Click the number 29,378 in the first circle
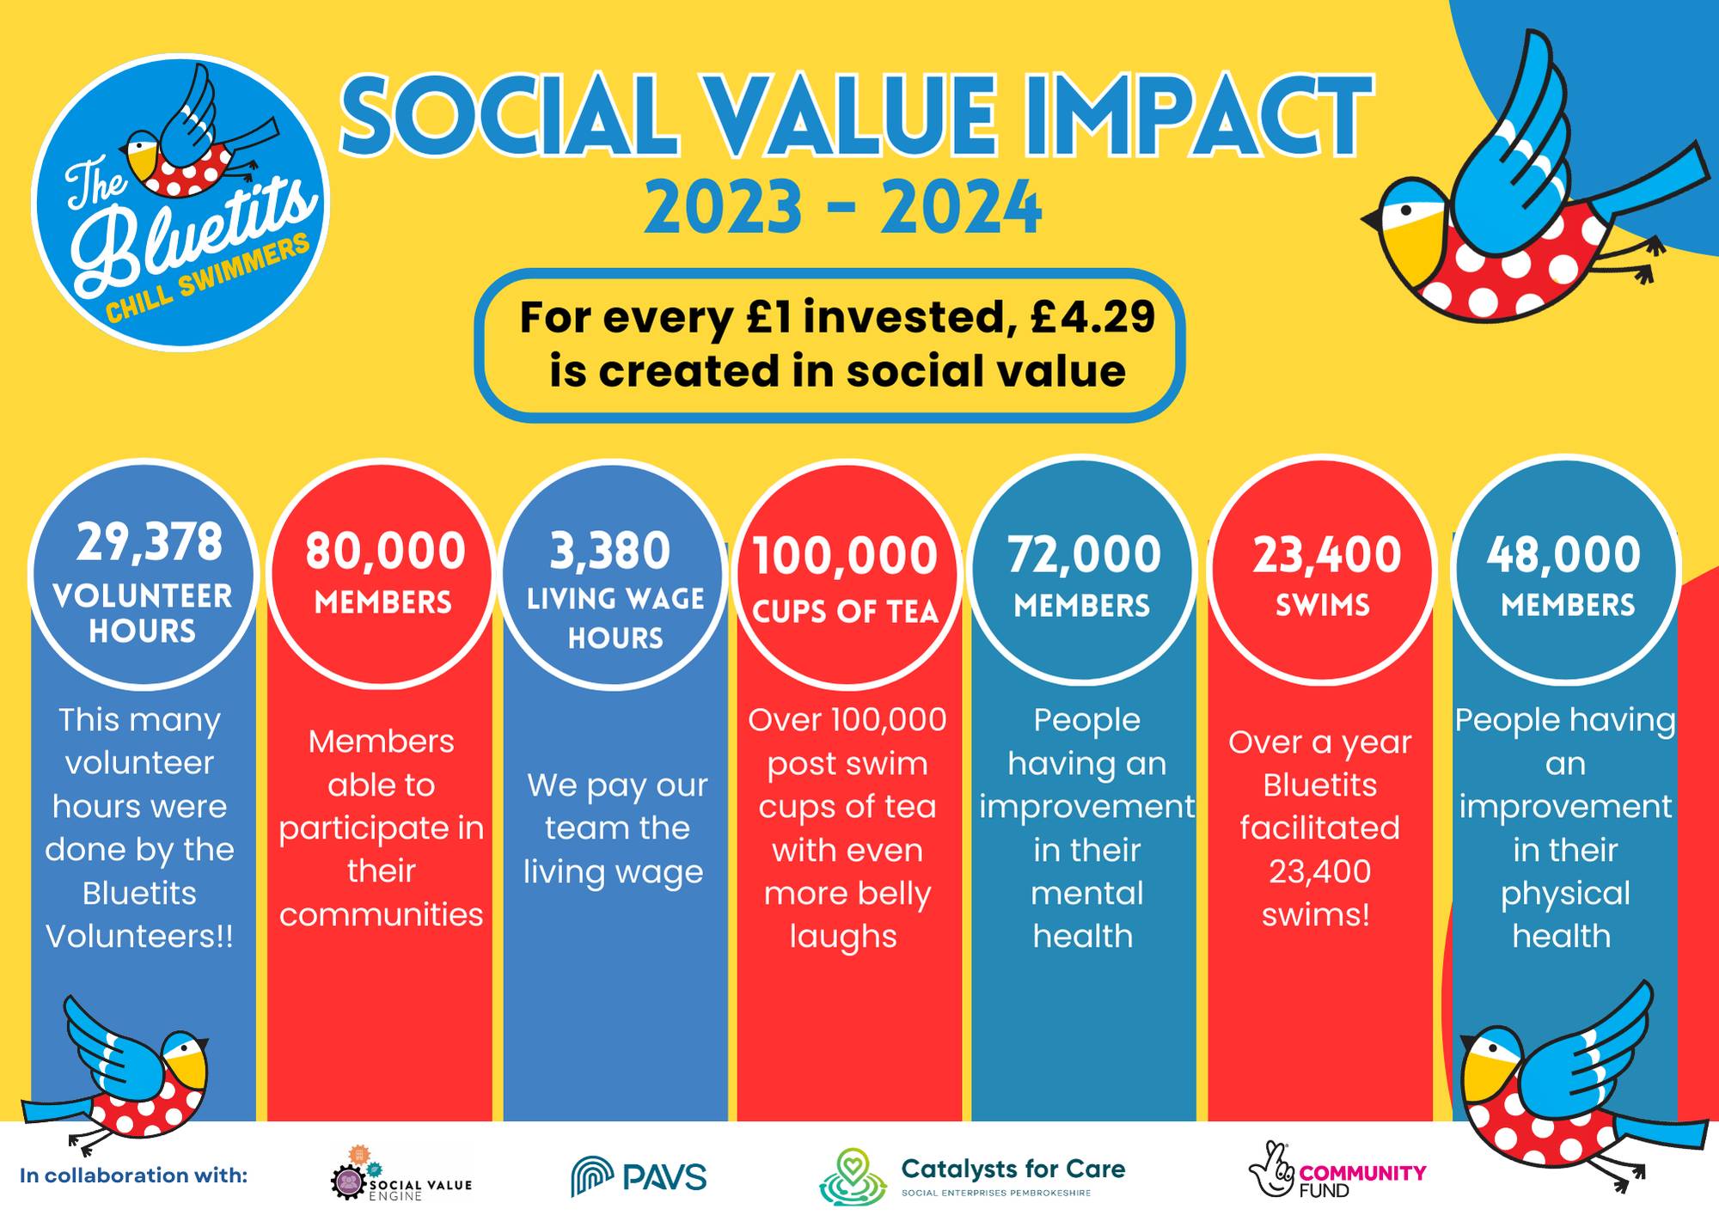(x=150, y=542)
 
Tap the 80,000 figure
(x=385, y=551)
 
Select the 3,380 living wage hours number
(x=609, y=551)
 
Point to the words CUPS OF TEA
(x=846, y=611)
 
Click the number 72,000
(x=1084, y=554)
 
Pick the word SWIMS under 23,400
(x=1323, y=605)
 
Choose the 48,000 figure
(x=1564, y=554)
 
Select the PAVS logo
(x=639, y=1176)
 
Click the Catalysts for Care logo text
(x=1012, y=1169)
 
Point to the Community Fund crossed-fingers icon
(x=1272, y=1169)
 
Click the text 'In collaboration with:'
(x=133, y=1175)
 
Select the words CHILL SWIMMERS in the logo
(x=207, y=277)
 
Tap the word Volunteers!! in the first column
(x=139, y=936)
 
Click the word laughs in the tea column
(x=843, y=937)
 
